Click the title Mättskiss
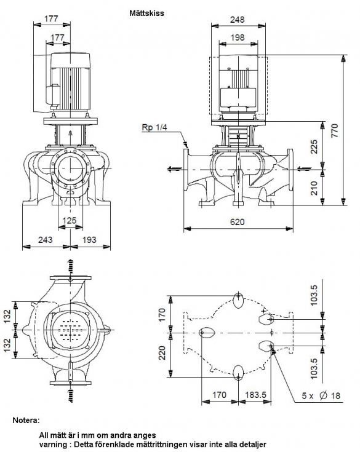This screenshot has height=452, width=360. click(x=146, y=13)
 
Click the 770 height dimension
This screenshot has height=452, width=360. click(x=335, y=130)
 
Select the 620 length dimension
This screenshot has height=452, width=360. click(x=237, y=221)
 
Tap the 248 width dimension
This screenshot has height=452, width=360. click(x=237, y=19)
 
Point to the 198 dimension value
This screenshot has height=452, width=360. click(x=237, y=38)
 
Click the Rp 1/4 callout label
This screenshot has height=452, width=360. click(x=154, y=127)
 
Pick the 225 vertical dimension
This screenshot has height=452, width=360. click(x=314, y=147)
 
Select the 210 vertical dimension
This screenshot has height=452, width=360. click(x=314, y=188)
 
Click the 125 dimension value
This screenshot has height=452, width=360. click(x=70, y=221)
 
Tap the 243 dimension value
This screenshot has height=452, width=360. click(x=46, y=240)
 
